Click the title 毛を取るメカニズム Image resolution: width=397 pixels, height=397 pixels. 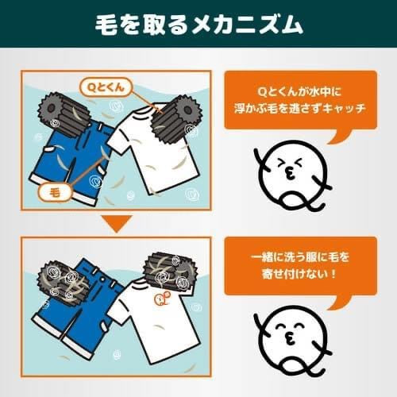point(198,25)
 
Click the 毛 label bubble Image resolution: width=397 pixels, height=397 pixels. point(56,193)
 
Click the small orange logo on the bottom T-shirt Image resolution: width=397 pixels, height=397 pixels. point(163,299)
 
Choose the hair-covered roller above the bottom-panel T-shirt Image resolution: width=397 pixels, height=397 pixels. point(169,272)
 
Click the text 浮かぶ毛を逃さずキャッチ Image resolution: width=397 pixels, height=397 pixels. point(300,108)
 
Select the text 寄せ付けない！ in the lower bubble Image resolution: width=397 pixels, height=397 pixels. point(299,274)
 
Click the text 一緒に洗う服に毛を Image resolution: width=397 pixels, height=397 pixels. point(300,257)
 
